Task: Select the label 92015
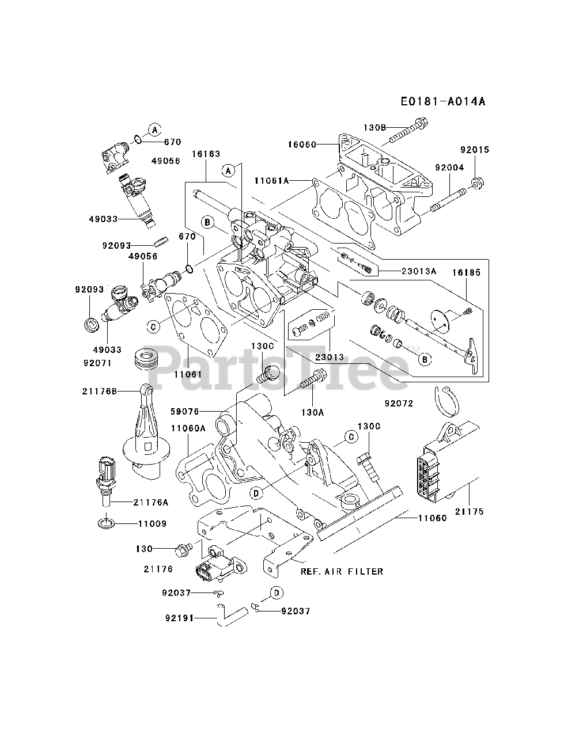coord(474,150)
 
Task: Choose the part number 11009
coord(152,524)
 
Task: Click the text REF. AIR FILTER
coord(342,572)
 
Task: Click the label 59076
coord(184,412)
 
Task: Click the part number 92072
coord(400,404)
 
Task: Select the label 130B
coord(374,127)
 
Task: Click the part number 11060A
coord(188,428)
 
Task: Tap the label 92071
coord(96,363)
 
